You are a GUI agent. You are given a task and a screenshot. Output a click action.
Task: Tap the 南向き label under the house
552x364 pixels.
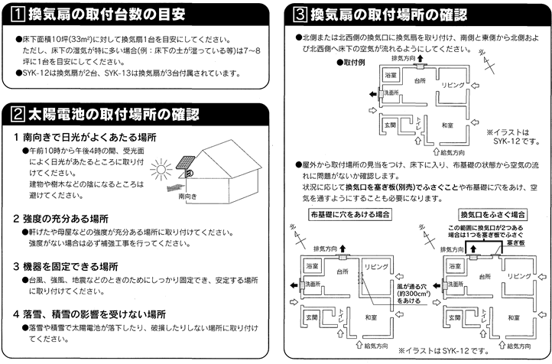coord(187,196)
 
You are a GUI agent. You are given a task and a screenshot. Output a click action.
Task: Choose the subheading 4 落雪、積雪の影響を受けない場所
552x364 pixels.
coord(95,314)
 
